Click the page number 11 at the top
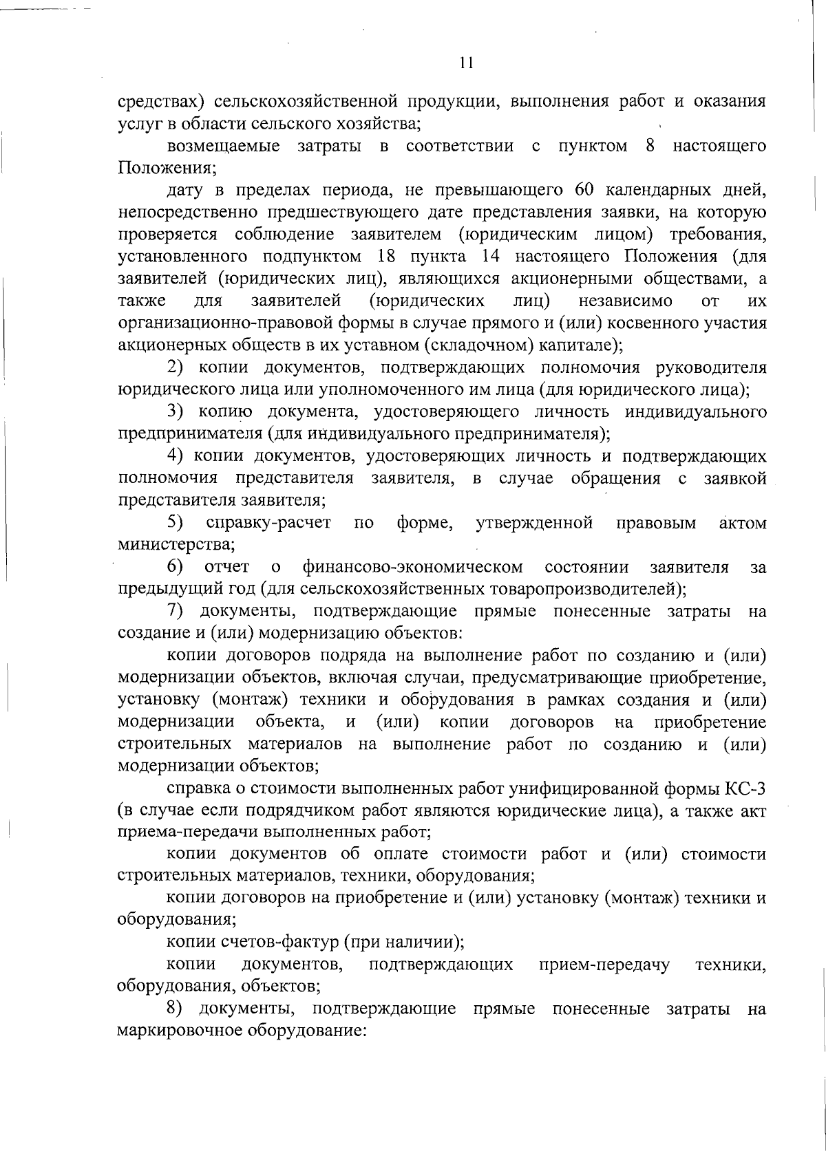[x=466, y=63]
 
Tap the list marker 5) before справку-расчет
[x=176, y=523]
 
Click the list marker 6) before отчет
[x=176, y=567]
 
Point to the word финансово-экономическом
[x=411, y=568]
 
